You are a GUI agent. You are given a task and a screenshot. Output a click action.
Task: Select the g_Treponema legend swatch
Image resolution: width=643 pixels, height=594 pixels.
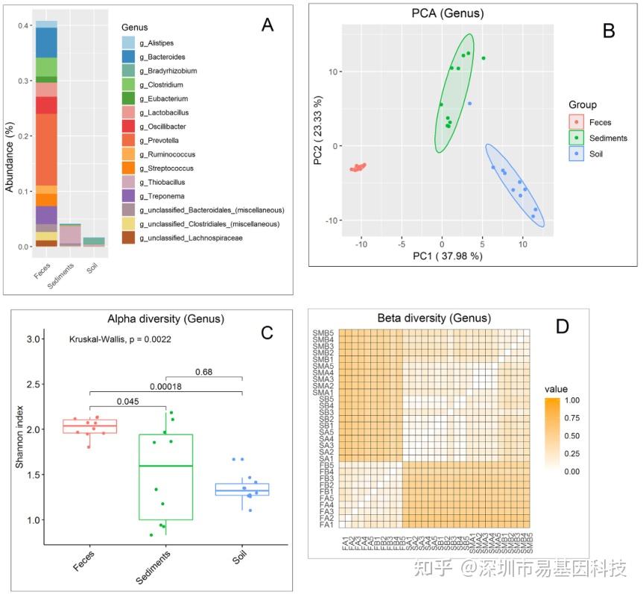128,195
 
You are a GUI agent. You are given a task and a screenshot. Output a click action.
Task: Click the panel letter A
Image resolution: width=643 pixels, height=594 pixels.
267,25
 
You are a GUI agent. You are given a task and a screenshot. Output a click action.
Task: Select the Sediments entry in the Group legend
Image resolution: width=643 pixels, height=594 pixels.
608,138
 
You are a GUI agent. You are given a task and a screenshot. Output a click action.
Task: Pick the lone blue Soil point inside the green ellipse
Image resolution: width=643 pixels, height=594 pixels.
469,104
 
